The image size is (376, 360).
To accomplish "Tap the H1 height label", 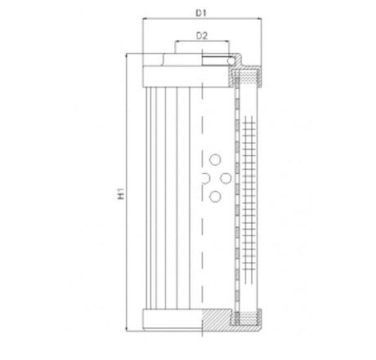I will click(121, 193).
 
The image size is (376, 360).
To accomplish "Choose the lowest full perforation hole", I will click(215, 196).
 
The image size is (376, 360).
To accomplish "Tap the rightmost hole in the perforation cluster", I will click(224, 178).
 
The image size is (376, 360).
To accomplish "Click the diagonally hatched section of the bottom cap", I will click(217, 320).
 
